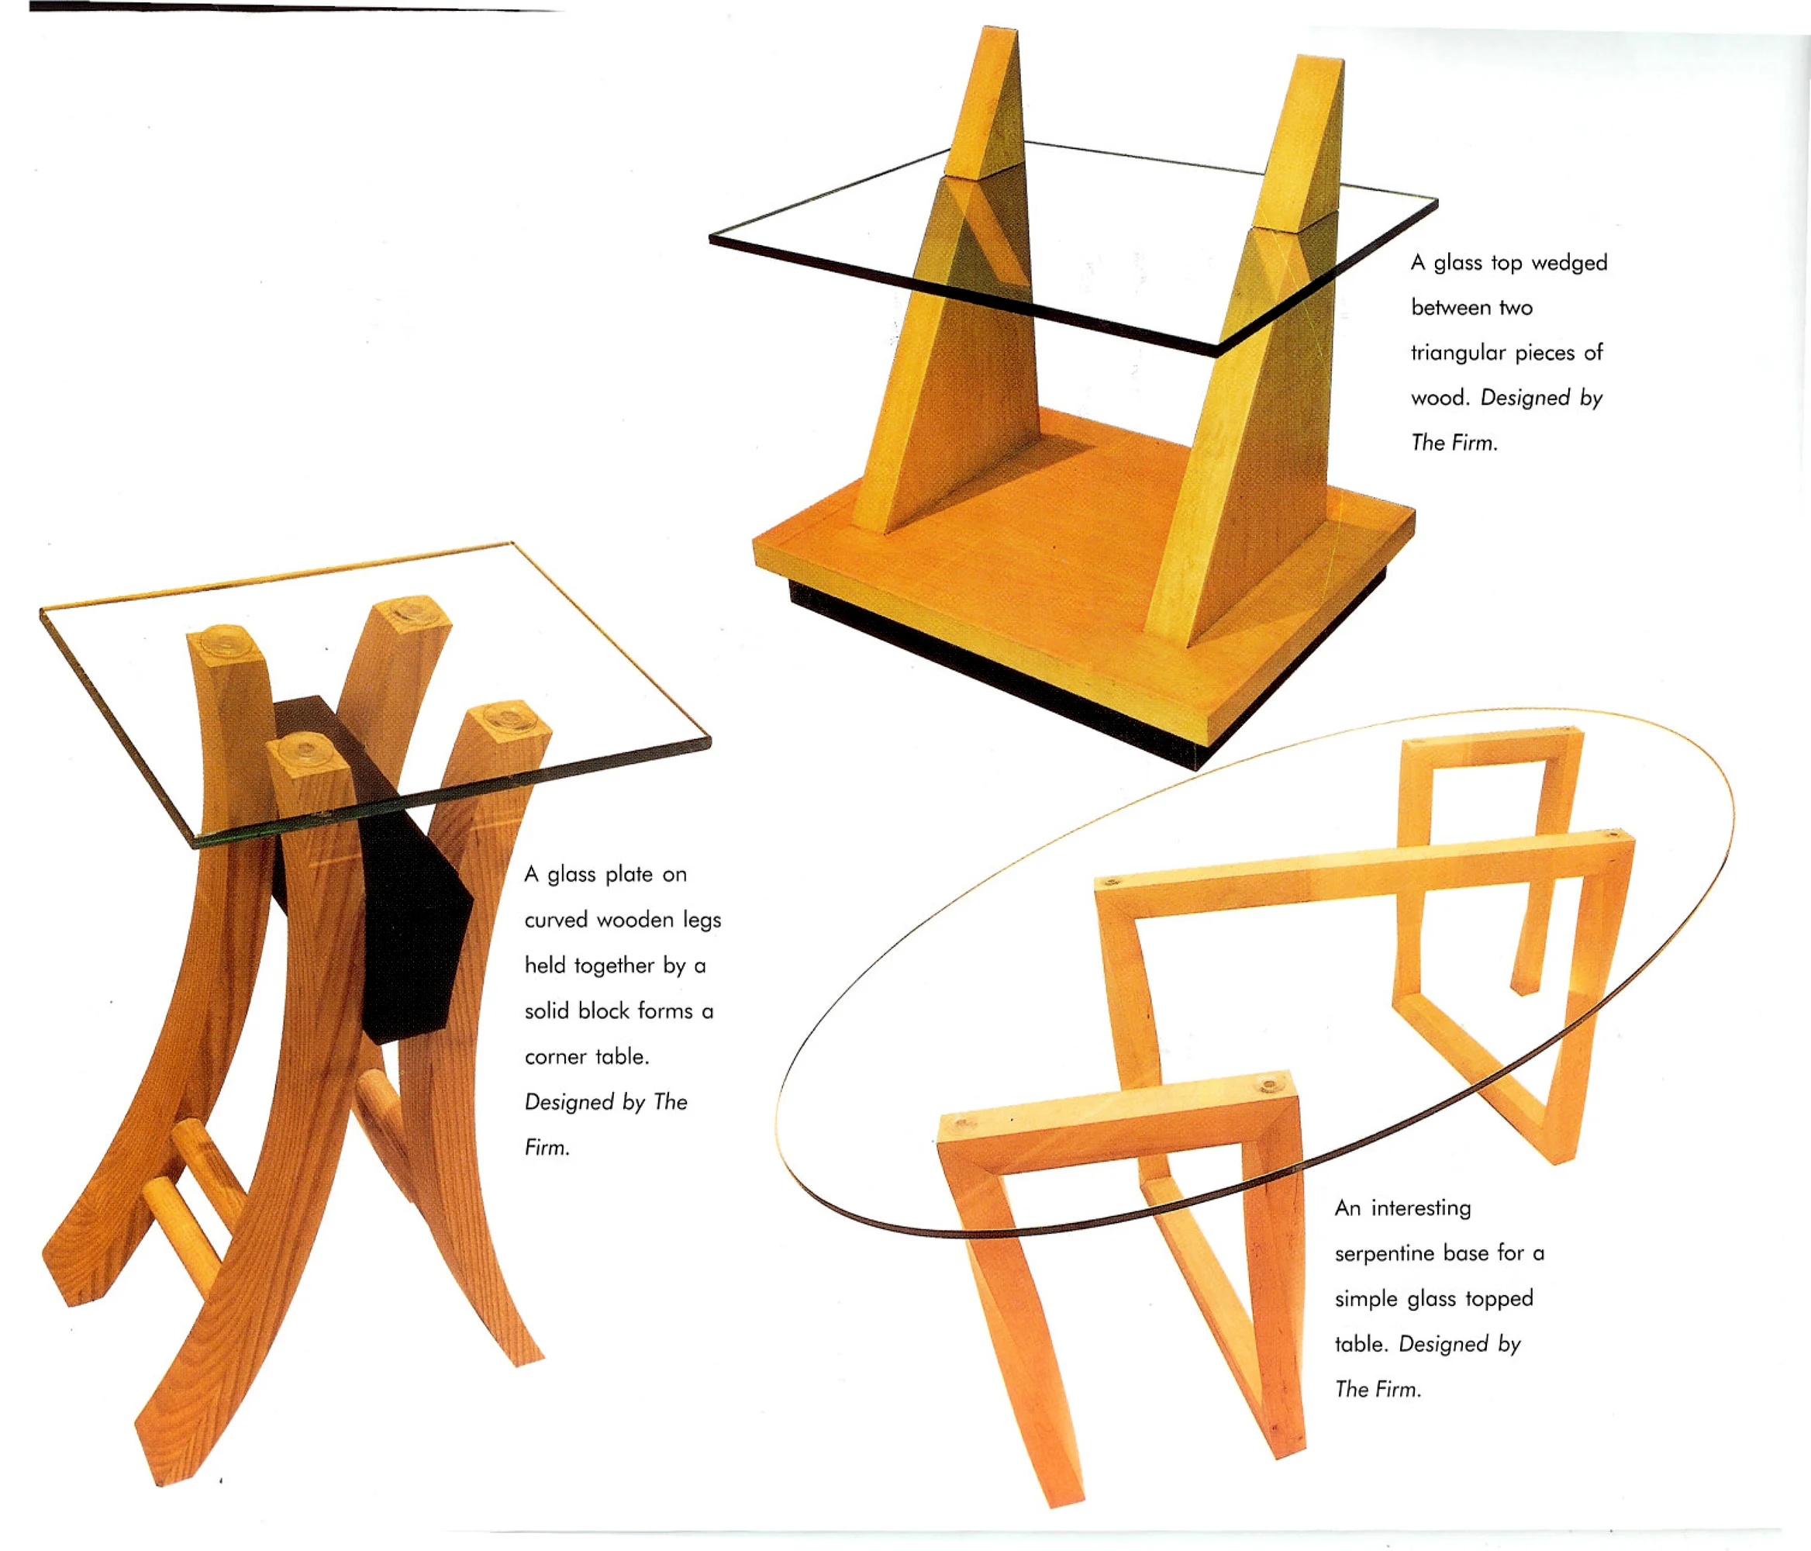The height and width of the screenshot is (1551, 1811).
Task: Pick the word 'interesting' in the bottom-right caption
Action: pos(1421,1208)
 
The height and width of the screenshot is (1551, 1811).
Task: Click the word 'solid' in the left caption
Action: pos(547,1010)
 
